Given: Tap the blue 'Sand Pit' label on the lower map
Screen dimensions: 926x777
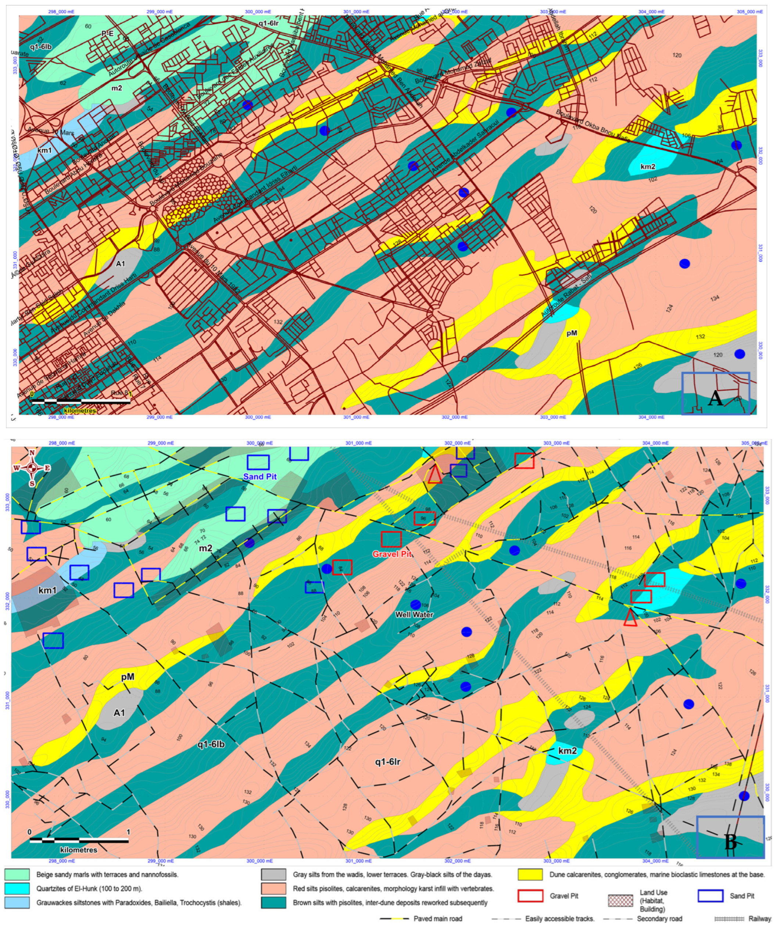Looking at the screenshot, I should tap(260, 477).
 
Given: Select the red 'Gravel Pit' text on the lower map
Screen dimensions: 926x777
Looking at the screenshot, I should tap(392, 554).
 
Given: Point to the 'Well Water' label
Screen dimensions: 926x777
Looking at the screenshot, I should tap(414, 614).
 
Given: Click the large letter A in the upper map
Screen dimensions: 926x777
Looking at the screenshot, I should tap(715, 399).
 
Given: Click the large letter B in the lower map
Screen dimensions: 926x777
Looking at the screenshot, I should tap(731, 843).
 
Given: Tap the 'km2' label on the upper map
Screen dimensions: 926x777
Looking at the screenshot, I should tap(648, 167).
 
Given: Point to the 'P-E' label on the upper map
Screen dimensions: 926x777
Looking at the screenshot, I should tap(108, 33).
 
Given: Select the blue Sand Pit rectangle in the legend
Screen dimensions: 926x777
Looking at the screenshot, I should tap(710, 895).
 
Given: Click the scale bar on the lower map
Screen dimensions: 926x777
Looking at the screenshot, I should tap(79, 840).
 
